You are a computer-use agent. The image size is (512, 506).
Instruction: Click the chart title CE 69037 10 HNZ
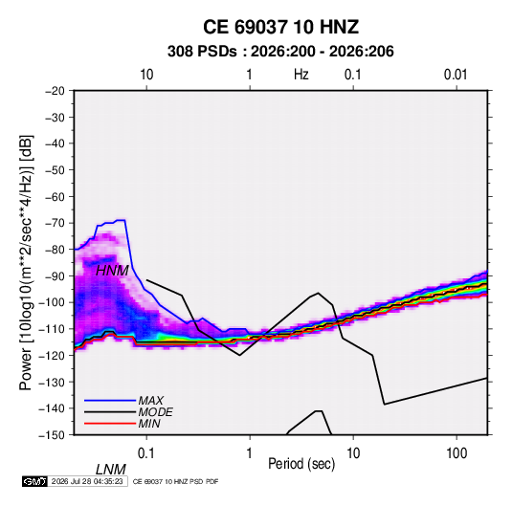(x=280, y=27)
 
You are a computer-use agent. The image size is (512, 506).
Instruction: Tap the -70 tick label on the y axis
(x=55, y=223)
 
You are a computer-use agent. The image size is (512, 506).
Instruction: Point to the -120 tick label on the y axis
(x=52, y=356)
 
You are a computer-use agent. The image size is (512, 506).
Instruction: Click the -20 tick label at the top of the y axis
(x=55, y=91)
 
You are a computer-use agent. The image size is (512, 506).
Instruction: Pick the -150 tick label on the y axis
(x=52, y=435)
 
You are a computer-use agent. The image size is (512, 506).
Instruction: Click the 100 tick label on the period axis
(x=456, y=453)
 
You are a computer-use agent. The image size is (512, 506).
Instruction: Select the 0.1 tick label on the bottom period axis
(x=146, y=453)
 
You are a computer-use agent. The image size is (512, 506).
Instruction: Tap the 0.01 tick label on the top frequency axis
(x=456, y=75)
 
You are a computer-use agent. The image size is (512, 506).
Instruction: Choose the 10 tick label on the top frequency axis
(x=146, y=75)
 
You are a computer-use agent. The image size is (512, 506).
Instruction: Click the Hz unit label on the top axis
(x=301, y=75)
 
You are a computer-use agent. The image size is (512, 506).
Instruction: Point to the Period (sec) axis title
(x=301, y=464)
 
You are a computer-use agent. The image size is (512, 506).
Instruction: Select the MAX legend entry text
(x=151, y=401)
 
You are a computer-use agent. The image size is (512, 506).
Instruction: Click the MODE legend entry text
(x=155, y=412)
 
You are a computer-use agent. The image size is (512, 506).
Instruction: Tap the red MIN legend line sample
(x=110, y=424)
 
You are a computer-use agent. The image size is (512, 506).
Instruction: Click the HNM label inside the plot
(x=112, y=271)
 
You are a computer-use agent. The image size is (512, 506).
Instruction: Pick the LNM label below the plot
(x=111, y=470)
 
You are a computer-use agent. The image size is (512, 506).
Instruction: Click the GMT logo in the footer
(x=34, y=481)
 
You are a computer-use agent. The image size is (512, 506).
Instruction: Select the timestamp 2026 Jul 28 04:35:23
(x=87, y=481)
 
